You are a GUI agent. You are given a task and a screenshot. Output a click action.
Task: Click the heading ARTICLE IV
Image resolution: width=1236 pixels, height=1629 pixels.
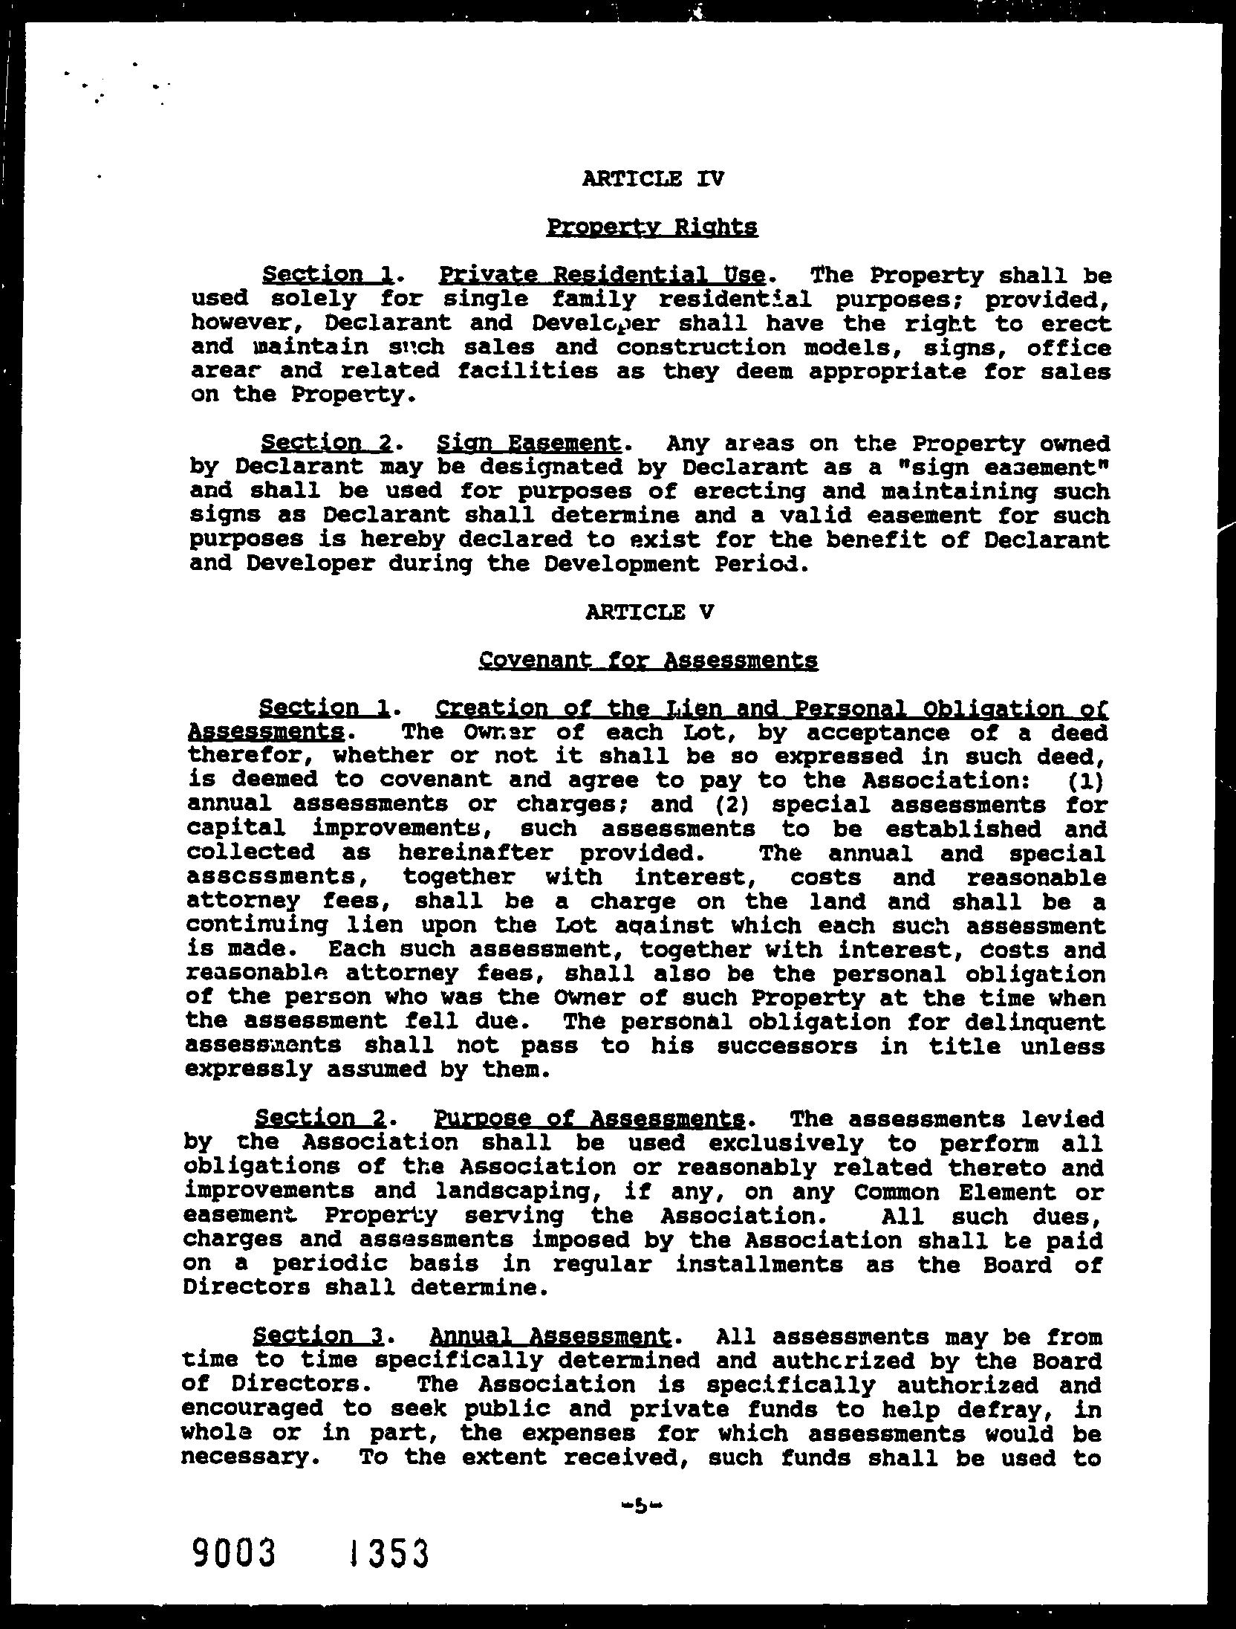tap(653, 179)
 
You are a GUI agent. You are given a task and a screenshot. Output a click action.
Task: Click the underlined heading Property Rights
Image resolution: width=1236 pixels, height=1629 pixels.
tap(652, 227)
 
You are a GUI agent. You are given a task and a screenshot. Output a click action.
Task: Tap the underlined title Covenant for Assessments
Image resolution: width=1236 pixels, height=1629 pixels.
tap(648, 661)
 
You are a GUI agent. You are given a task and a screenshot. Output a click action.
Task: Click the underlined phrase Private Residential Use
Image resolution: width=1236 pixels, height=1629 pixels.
tap(602, 276)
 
